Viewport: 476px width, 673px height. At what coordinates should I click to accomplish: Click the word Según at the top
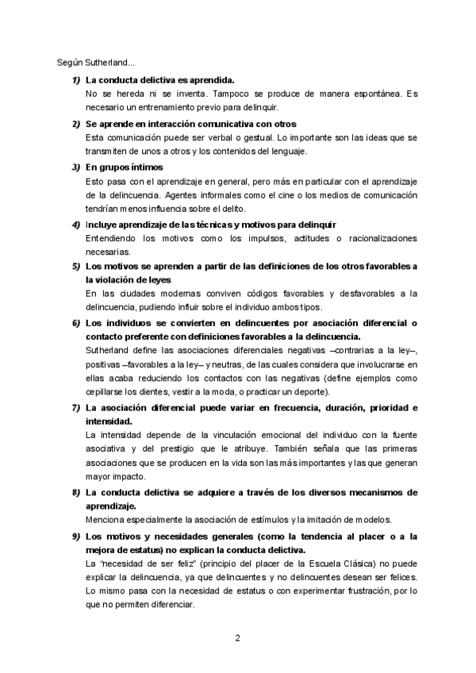coord(69,63)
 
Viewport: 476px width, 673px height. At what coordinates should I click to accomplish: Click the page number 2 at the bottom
coord(237,637)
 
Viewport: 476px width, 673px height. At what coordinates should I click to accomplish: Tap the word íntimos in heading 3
coord(146,167)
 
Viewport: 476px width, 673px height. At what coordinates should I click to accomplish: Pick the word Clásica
coord(325,563)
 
